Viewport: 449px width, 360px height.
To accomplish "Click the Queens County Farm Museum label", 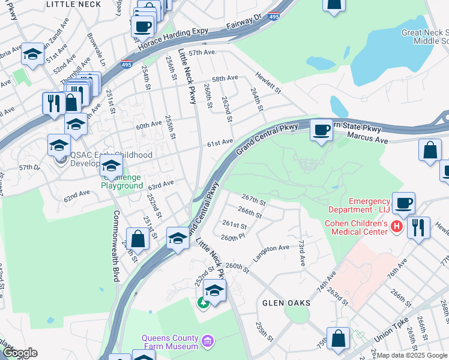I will tap(170, 342).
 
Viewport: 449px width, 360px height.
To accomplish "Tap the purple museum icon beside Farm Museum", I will tap(208, 341).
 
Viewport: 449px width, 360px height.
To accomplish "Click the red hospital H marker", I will tap(396, 226).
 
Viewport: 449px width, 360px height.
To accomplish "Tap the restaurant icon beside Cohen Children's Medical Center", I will tap(418, 228).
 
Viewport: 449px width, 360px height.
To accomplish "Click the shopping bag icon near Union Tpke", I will tap(338, 338).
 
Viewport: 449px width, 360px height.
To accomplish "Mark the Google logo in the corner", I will tap(20, 353).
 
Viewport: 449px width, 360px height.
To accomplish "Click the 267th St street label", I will tap(253, 199).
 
